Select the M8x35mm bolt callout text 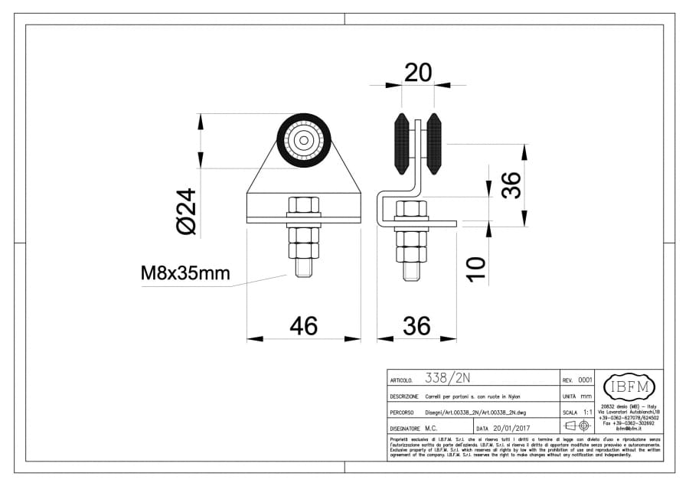(x=184, y=272)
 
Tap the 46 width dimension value (x=303, y=326)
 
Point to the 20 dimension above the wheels (x=417, y=73)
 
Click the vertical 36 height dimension (x=511, y=184)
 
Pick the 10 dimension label (x=476, y=269)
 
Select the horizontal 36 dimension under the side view (x=416, y=326)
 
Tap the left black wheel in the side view (x=400, y=143)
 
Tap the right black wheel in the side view (x=434, y=143)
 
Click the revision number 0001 (x=585, y=380)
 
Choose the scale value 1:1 (x=588, y=412)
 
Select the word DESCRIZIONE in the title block (x=403, y=396)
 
